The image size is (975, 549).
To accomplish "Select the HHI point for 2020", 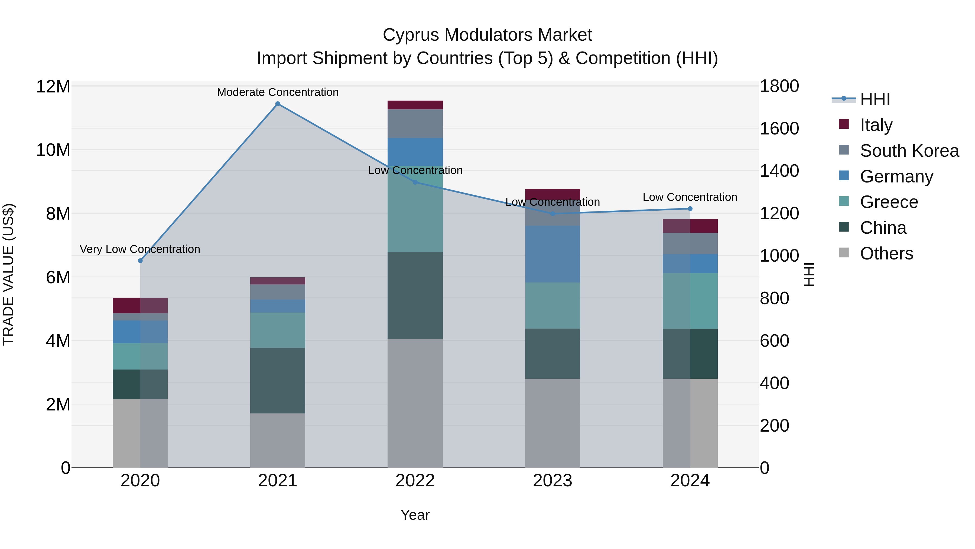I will click(x=140, y=261).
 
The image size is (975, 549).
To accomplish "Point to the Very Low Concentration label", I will click(x=140, y=249).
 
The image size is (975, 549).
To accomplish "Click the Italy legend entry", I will click(x=876, y=125).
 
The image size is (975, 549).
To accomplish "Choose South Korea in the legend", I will click(x=909, y=150).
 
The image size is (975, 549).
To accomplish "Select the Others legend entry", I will click(x=886, y=253).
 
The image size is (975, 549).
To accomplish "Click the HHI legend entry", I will click(x=875, y=99).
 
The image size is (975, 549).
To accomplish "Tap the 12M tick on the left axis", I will click(x=53, y=86).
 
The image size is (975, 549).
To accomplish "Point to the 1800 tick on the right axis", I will click(x=779, y=86).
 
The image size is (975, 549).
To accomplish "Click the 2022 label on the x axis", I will click(x=415, y=481).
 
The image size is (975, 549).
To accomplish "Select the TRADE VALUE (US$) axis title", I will click(x=8, y=274).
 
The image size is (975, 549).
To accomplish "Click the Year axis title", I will click(x=415, y=515).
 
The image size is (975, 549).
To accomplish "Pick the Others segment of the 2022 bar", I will click(x=415, y=403).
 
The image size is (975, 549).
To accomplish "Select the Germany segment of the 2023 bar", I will click(x=552, y=254).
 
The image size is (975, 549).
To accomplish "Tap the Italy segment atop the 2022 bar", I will click(x=415, y=105).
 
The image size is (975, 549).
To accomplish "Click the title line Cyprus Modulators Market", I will click(x=487, y=35).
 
